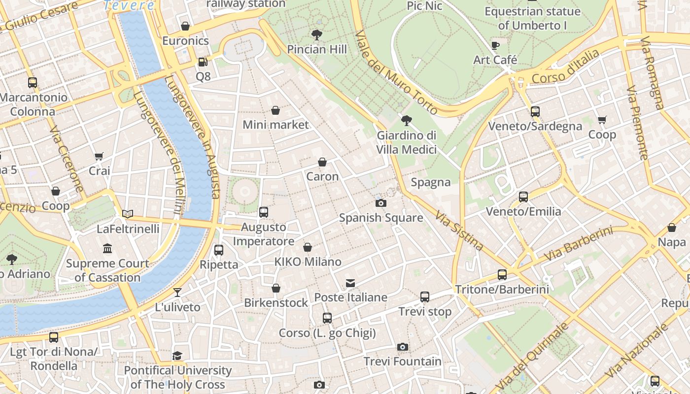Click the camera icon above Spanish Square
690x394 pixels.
[380, 203]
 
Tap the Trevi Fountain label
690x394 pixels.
[403, 361]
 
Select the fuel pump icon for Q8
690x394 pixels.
[202, 62]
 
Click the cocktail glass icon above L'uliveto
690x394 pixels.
[177, 293]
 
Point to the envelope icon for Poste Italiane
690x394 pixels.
[350, 283]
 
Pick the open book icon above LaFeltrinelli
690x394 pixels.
[128, 214]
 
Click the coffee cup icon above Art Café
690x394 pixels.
[495, 46]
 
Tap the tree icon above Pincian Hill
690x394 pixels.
[317, 35]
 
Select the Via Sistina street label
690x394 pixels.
[459, 230]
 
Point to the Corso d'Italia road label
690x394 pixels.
[566, 67]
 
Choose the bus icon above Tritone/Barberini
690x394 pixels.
[502, 275]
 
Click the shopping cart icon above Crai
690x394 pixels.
[99, 156]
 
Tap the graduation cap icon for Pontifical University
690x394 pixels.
[177, 356]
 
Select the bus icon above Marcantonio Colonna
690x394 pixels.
[33, 83]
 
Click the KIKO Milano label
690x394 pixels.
[308, 262]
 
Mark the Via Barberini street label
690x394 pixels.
[578, 244]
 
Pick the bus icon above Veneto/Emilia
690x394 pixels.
[523, 197]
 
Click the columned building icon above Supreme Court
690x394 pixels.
[107, 248]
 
